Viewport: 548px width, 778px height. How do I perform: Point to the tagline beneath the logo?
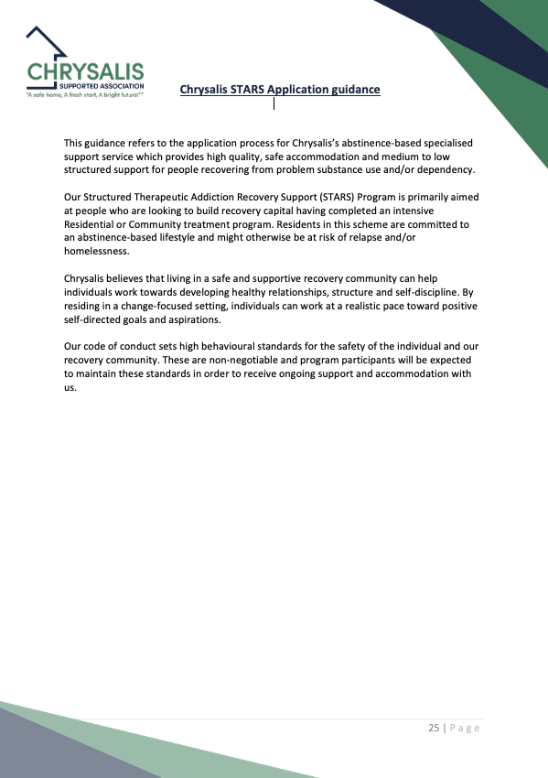click(85, 95)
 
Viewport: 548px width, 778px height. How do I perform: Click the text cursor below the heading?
click(274, 103)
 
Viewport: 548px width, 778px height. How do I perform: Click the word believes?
click(128, 276)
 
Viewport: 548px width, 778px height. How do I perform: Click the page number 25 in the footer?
click(433, 729)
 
